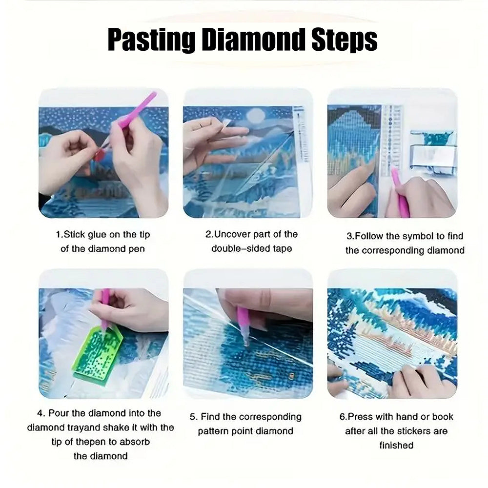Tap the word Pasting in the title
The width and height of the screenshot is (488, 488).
[x=152, y=41]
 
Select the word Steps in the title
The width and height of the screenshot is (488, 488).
[x=345, y=41]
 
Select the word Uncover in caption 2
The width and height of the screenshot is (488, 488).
[x=232, y=234]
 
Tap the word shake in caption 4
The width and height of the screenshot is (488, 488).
[x=113, y=427]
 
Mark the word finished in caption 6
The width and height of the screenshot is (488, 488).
[x=396, y=445]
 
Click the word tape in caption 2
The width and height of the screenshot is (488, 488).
[x=283, y=249]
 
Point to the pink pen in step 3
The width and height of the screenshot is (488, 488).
[x=400, y=191]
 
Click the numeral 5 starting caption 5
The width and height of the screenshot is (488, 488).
[x=193, y=417]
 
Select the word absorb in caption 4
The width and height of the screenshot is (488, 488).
[x=135, y=442]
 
